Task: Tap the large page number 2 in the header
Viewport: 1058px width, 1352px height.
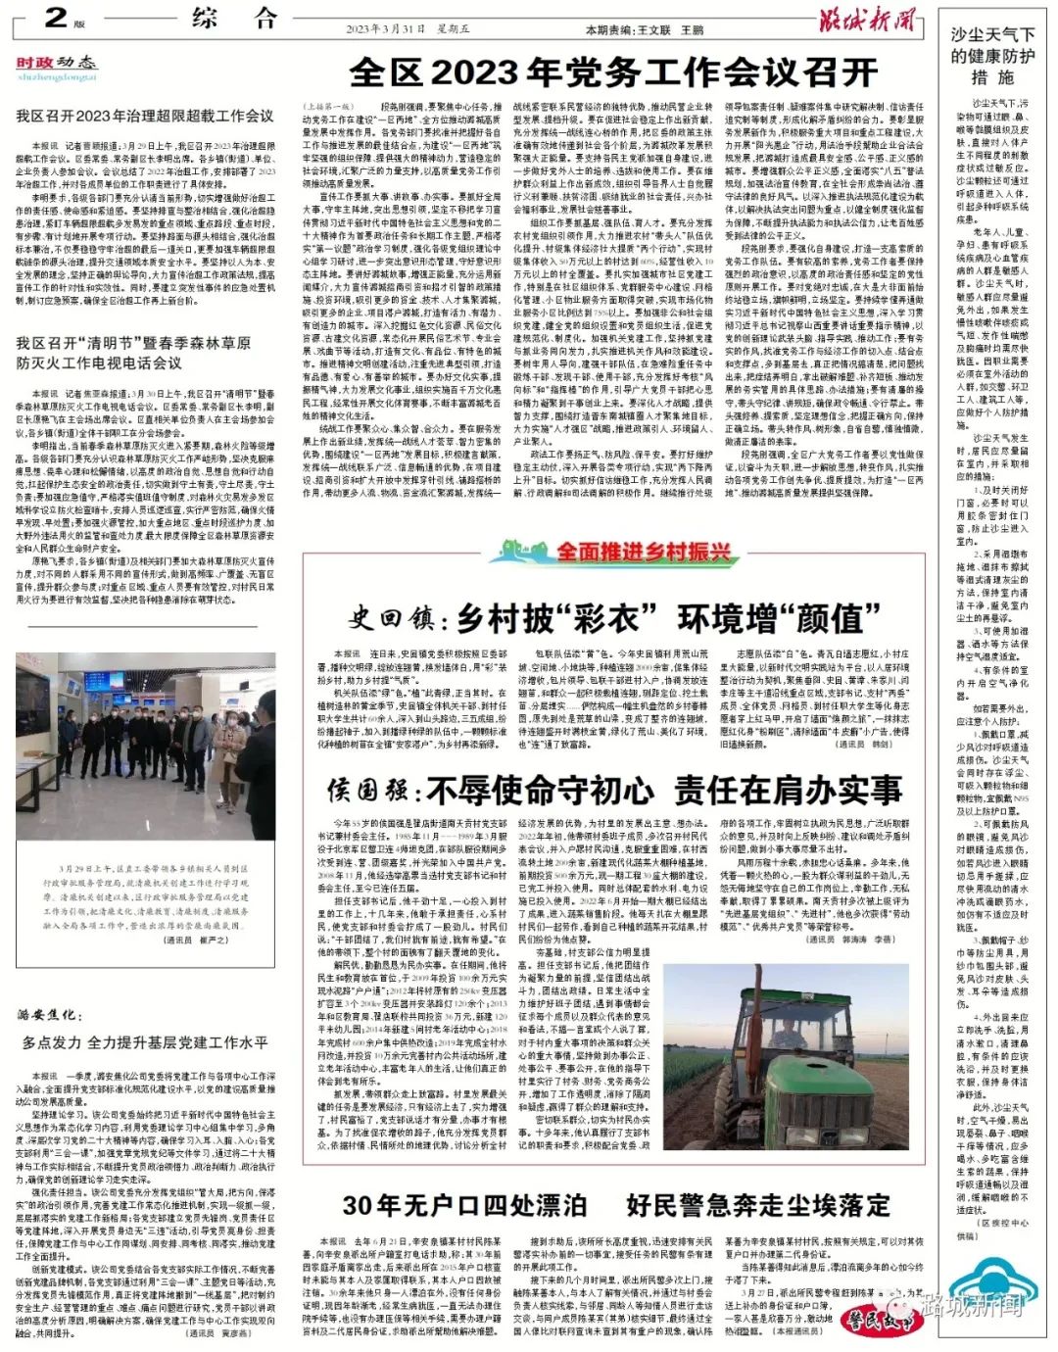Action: click(x=56, y=17)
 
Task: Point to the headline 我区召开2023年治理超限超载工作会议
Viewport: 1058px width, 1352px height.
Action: click(x=145, y=116)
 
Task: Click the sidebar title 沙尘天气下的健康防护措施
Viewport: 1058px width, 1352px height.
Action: click(x=991, y=56)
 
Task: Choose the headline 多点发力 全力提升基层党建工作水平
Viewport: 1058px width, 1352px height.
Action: click(x=145, y=1042)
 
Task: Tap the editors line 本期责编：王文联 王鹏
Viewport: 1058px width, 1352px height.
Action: click(x=644, y=30)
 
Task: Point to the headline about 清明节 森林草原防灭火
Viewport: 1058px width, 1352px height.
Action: click(x=133, y=353)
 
